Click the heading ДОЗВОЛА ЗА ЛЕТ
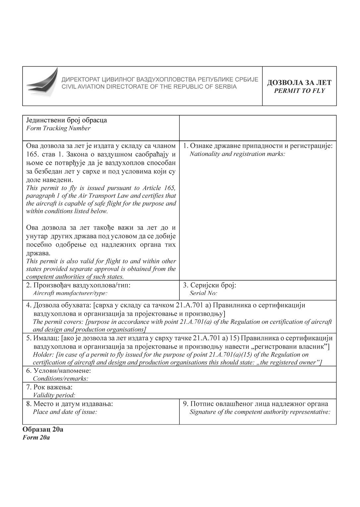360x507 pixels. click(299, 83)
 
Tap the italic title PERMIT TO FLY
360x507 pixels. click(299, 91)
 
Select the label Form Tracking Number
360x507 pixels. click(58, 128)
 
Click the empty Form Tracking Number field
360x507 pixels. click(257, 128)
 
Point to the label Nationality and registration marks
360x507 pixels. click(237, 154)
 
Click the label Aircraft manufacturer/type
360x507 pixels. click(70, 293)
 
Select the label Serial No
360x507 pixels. click(203, 293)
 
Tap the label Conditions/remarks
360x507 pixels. click(61, 378)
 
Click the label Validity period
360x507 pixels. click(54, 395)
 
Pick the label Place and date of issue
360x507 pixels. click(65, 412)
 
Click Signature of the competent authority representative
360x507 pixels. click(260, 412)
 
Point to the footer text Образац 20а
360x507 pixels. click(43, 429)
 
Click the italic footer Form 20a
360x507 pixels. click(36, 437)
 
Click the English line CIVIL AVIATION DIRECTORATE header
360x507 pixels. click(149, 87)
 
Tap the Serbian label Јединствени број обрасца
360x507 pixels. click(67, 120)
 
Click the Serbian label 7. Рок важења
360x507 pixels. click(49, 387)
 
